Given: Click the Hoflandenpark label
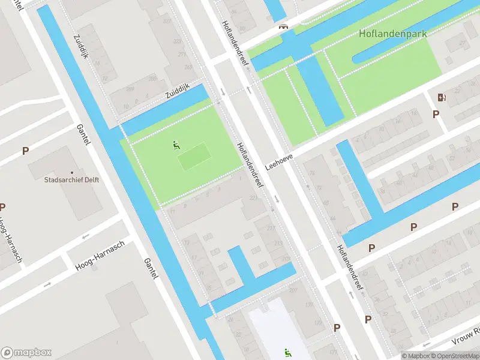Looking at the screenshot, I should click(x=393, y=34).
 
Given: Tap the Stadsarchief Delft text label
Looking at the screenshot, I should click(x=71, y=179).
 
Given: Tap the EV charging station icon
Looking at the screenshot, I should click(x=442, y=97).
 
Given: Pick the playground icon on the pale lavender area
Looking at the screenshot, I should click(x=287, y=353).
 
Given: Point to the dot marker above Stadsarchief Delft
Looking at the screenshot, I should click(x=72, y=171).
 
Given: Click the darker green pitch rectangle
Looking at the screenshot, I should click(x=194, y=155).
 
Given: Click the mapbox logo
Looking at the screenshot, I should click(x=26, y=353).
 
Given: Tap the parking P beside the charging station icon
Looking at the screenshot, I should click(x=436, y=114).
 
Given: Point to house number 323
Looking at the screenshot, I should click(x=176, y=41).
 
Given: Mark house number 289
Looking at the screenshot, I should click(x=131, y=88).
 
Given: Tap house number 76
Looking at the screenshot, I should click(x=311, y=174).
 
